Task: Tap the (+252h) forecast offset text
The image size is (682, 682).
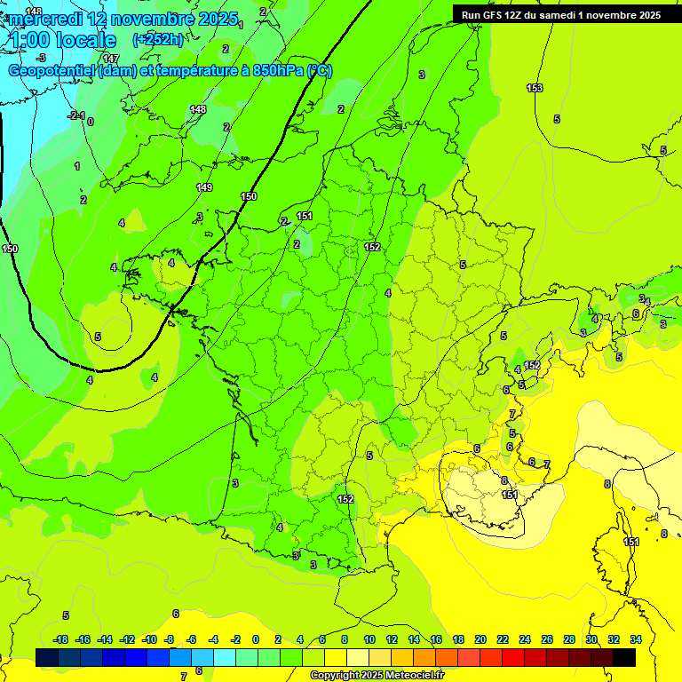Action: pyautogui.click(x=158, y=39)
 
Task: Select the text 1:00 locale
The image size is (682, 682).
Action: pyautogui.click(x=62, y=40)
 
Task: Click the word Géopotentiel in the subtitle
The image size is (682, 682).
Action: pyautogui.click(x=52, y=71)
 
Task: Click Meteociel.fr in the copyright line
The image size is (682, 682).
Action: pyautogui.click(x=410, y=676)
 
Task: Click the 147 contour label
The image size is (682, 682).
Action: pyautogui.click(x=111, y=59)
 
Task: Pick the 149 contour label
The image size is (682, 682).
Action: pyautogui.click(x=204, y=187)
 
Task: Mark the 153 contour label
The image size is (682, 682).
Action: pyautogui.click(x=535, y=88)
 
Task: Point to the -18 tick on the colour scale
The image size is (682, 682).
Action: pyautogui.click(x=61, y=639)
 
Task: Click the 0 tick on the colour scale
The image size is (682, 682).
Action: pyautogui.click(x=256, y=639)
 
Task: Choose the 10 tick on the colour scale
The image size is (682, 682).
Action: pyautogui.click(x=369, y=639)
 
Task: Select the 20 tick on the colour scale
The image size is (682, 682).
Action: pyautogui.click(x=480, y=639)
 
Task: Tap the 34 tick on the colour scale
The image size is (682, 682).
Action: pyautogui.click(x=636, y=639)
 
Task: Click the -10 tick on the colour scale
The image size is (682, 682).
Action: pyautogui.click(x=149, y=639)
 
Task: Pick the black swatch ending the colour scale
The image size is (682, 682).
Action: pyautogui.click(x=624, y=657)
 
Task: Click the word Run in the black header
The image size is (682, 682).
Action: pyautogui.click(x=472, y=14)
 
